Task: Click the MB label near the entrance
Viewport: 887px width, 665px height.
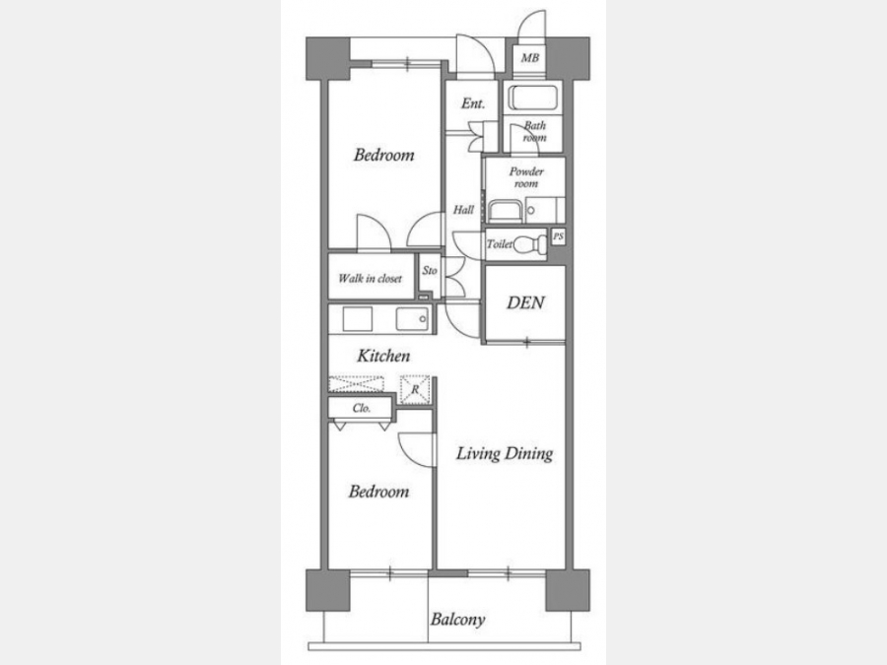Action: point(530,58)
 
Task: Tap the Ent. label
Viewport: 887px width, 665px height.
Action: point(473,103)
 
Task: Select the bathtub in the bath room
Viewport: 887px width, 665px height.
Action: point(533,98)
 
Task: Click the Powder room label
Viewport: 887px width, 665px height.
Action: point(526,177)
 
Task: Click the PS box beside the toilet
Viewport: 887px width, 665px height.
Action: point(558,236)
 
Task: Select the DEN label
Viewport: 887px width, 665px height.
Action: point(525,302)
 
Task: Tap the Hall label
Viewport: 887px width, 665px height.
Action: point(463,210)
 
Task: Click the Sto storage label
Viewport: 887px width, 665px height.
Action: point(430,270)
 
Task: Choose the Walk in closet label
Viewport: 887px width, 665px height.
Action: point(370,278)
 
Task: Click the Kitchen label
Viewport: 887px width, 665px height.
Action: point(383,356)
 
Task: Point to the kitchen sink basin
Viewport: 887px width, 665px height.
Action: point(412,319)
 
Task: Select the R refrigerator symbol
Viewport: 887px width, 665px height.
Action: point(415,389)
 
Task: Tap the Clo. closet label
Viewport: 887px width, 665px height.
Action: point(362,408)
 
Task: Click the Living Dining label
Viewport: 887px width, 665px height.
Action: point(505,453)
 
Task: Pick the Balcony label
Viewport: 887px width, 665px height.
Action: point(457,620)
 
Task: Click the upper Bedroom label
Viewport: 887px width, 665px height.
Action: point(384,155)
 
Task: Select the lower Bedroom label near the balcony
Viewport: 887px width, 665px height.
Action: point(378,491)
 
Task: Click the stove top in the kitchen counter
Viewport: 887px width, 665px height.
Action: point(358,319)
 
